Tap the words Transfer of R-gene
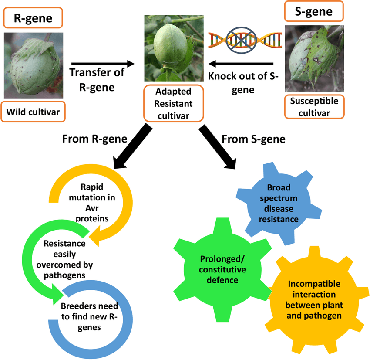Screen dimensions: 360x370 point(97,79)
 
